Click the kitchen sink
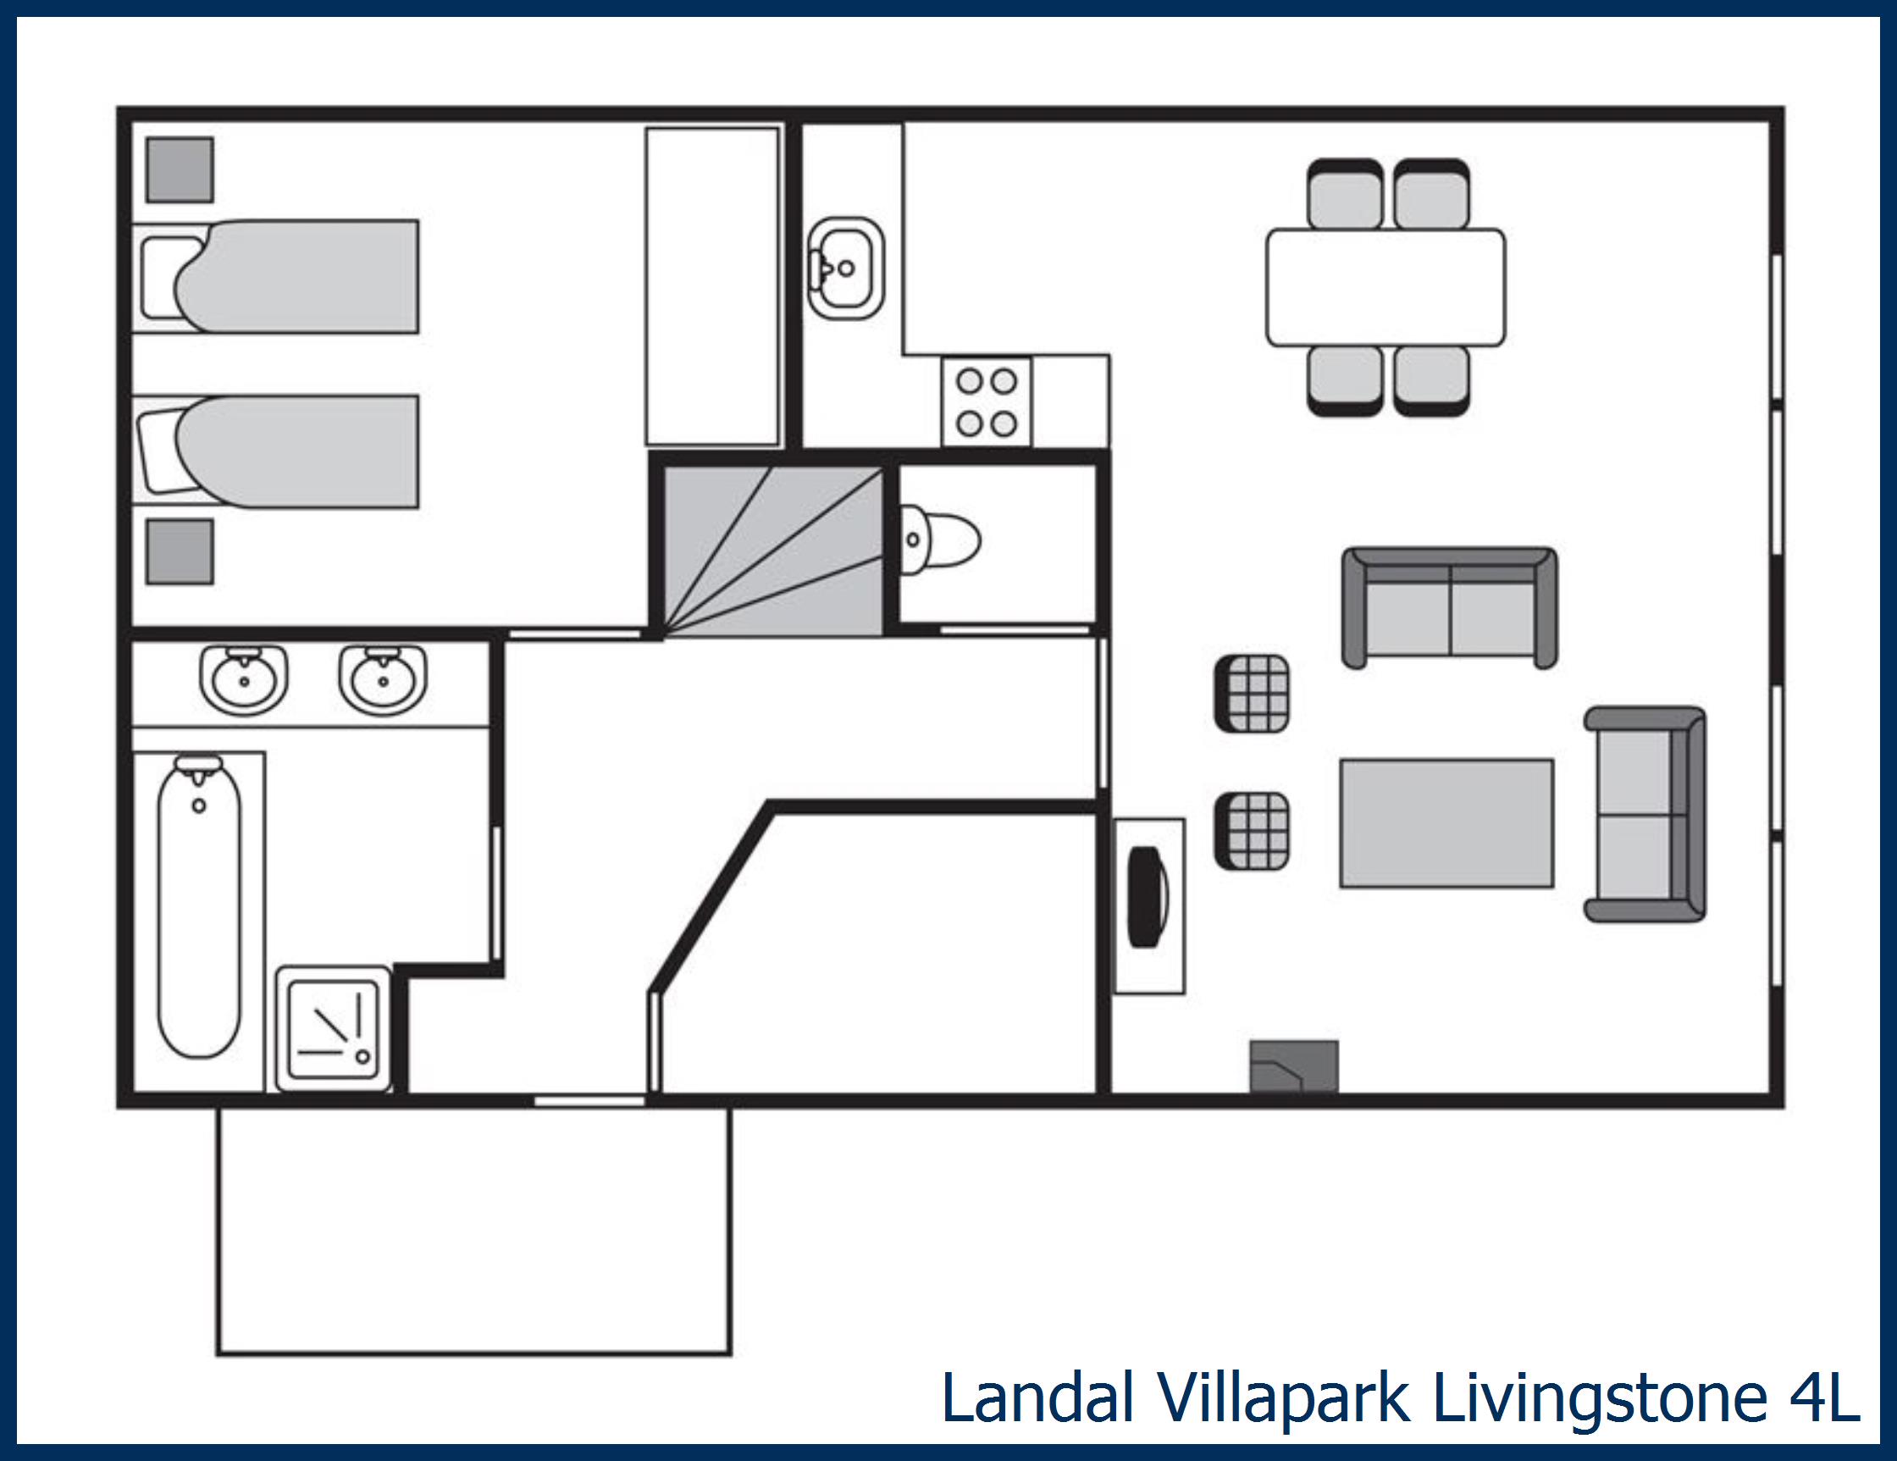coord(845,268)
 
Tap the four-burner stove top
coord(987,403)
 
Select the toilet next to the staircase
coord(941,540)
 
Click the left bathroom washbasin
coord(244,679)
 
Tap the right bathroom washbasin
coord(382,679)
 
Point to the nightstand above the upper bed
coord(180,170)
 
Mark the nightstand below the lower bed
coord(180,551)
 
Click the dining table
coord(1385,287)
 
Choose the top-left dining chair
coord(1345,196)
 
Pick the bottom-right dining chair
coord(1431,379)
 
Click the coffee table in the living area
coord(1446,823)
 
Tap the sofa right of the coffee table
coord(1645,814)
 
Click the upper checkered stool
coord(1252,694)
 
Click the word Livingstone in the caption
coord(1599,1399)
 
